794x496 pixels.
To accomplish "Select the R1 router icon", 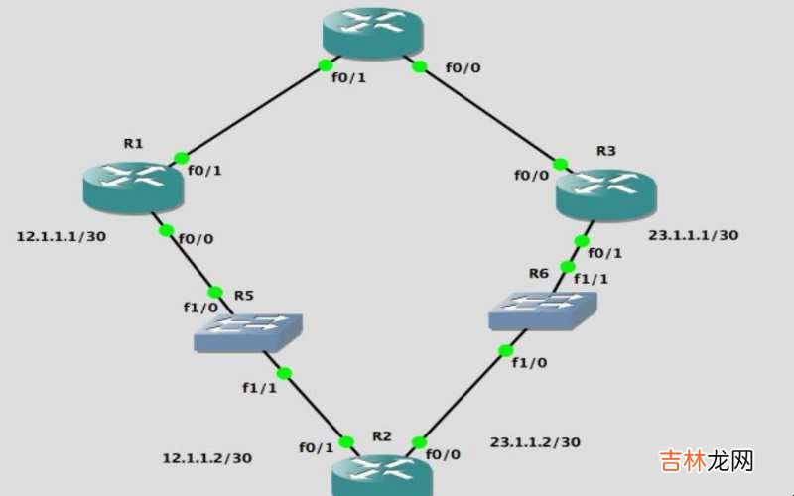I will pos(134,186).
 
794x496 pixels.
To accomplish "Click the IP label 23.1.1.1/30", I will pos(693,236).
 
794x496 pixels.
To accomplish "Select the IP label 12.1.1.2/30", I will pos(206,458).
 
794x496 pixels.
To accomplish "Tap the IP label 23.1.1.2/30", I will pos(535,441).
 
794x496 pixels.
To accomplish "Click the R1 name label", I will pos(133,144).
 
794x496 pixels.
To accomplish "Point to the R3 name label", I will pos(605,151).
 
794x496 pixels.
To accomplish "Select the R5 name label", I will pos(245,296).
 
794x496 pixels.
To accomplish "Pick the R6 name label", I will pos(538,272).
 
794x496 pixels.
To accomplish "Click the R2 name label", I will pos(382,436).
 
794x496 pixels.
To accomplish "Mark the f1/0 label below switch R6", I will pos(529,363).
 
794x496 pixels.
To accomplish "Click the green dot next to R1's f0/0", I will pos(167,231).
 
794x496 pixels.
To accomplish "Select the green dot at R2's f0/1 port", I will pos(346,442).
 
